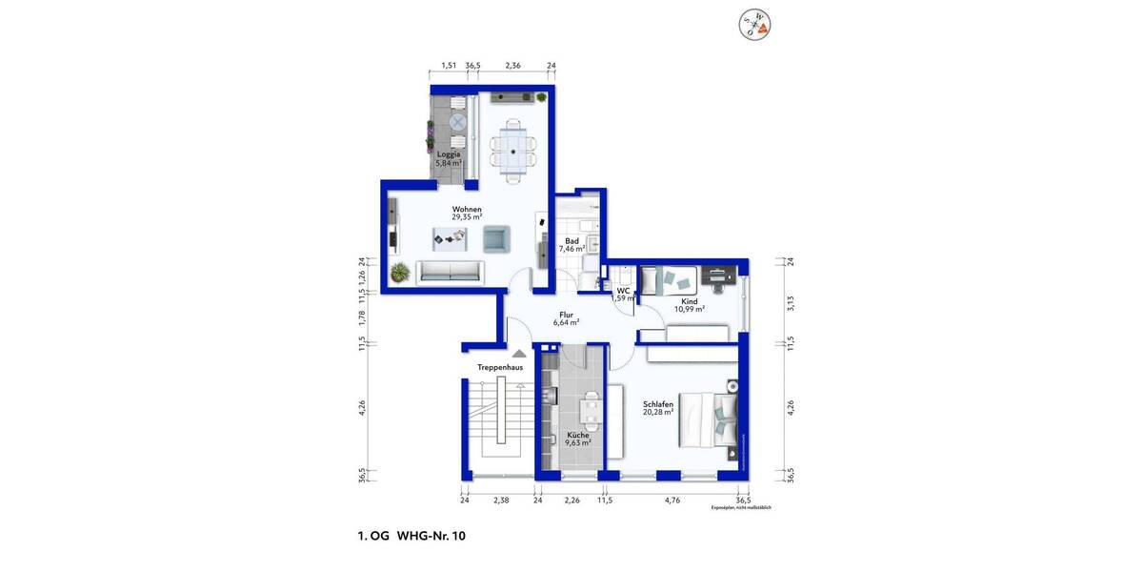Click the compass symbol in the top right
click(x=757, y=25)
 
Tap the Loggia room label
click(x=449, y=158)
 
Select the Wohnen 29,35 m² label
click(x=467, y=214)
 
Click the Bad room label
click(x=572, y=245)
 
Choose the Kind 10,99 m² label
click(x=690, y=305)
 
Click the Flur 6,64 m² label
click(x=566, y=317)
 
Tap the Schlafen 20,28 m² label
click(x=657, y=408)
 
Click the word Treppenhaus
click(x=500, y=367)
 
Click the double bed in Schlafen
click(x=708, y=419)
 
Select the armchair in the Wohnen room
click(x=496, y=238)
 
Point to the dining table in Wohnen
click(x=513, y=150)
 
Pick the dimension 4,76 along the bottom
click(x=672, y=499)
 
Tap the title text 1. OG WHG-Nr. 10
click(x=405, y=537)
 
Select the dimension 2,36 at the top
click(x=512, y=66)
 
